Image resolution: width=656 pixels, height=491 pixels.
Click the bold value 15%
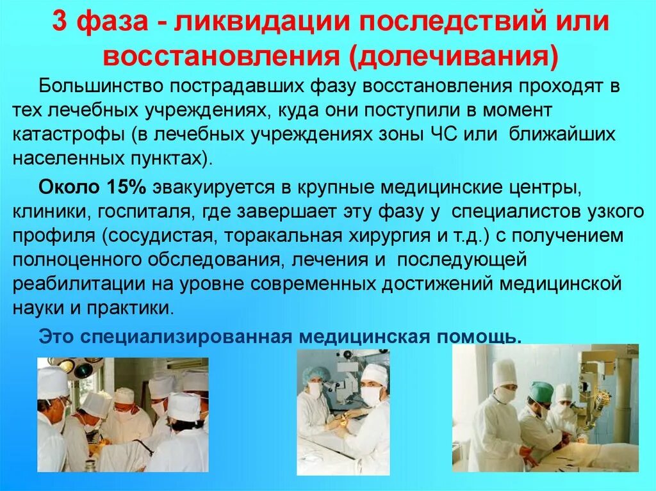126,187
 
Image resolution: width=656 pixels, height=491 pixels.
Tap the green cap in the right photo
541,390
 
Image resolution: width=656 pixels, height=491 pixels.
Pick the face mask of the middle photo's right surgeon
370,395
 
